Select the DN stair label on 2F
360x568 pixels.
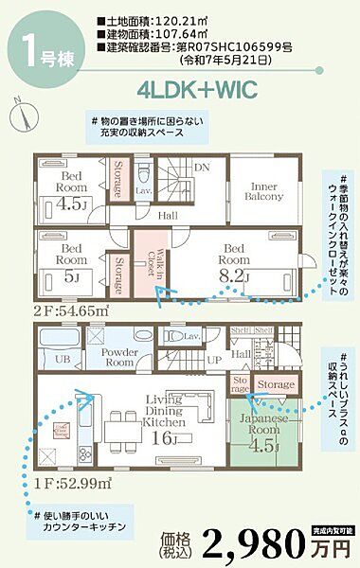201,167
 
